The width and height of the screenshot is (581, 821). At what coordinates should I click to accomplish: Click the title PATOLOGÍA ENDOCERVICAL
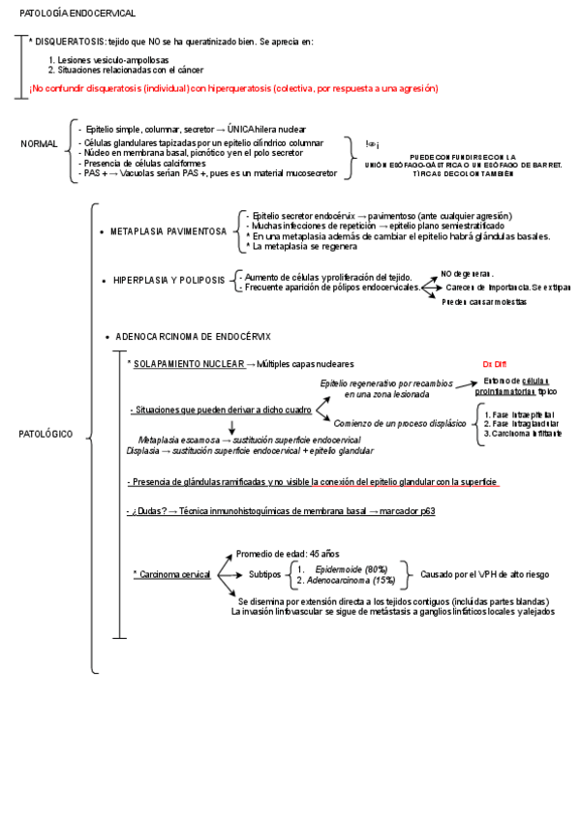[77, 14]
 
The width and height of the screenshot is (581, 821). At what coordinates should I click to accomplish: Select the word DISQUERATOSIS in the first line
[68, 42]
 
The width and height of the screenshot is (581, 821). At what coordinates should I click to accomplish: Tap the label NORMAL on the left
[40, 144]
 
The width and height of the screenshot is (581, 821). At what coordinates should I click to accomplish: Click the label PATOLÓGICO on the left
[46, 435]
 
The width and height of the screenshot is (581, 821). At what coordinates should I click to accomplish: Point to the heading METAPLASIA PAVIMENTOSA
[168, 232]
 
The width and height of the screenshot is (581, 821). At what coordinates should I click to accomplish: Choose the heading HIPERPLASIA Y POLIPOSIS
[169, 281]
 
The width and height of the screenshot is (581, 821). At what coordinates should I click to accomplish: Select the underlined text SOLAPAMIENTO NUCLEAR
[188, 363]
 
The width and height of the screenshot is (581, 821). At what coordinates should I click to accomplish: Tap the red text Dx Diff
[494, 364]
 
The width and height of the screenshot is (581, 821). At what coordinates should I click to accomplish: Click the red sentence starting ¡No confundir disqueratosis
[232, 88]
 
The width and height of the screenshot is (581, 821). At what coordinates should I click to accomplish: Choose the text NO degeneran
[467, 274]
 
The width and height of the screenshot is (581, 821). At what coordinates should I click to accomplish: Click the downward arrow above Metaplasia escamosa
[232, 426]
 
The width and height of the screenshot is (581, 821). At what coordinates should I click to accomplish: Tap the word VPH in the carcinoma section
[484, 574]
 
